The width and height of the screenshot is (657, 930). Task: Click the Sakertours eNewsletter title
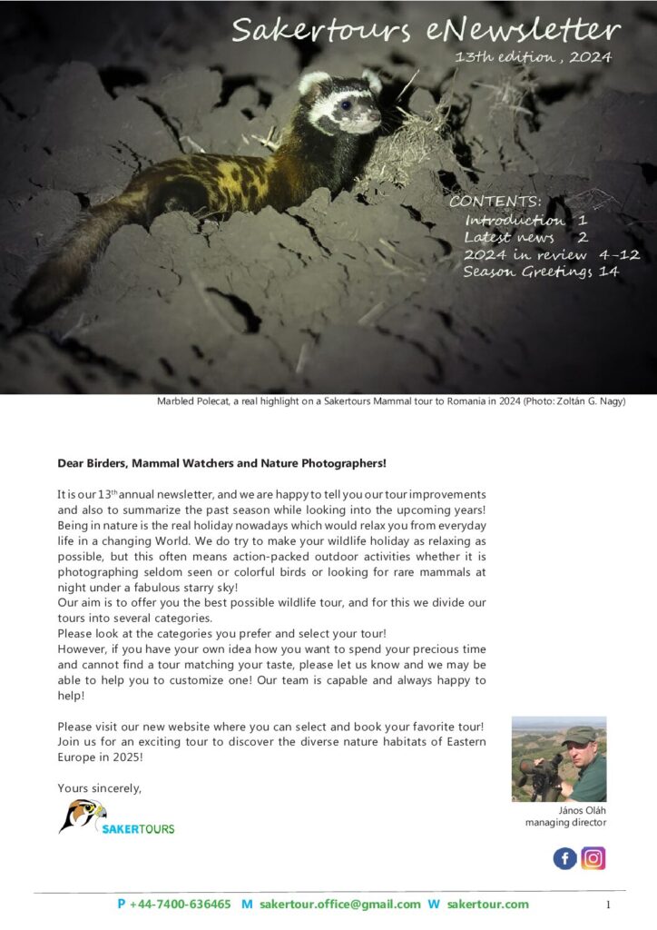click(426, 30)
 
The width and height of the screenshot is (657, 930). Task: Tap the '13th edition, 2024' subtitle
click(534, 57)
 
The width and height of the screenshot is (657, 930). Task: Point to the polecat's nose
click(376, 121)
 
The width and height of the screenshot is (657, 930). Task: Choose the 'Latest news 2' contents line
click(525, 237)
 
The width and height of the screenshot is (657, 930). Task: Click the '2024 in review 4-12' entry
click(541, 254)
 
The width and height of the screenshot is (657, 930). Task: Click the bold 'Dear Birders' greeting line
click(221, 463)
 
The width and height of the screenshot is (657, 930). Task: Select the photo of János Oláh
click(558, 758)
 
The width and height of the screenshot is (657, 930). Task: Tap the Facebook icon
click(564, 858)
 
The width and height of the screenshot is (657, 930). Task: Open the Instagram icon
click(593, 858)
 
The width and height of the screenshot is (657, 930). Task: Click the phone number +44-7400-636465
click(180, 904)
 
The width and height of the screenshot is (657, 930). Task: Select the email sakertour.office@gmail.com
click(340, 904)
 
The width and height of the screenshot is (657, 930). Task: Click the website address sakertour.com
click(487, 904)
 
